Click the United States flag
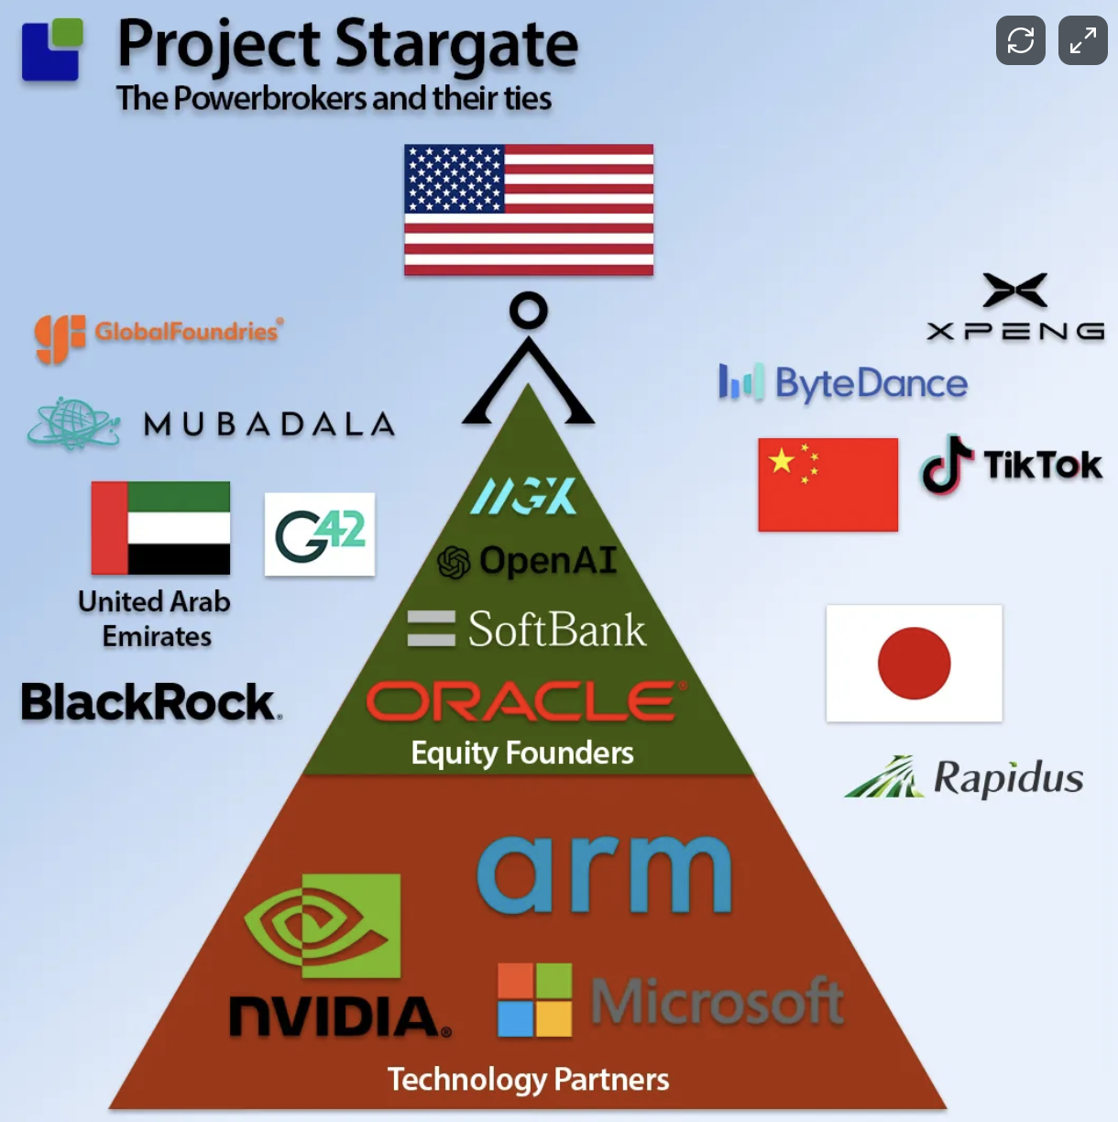[529, 209]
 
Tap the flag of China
[828, 484]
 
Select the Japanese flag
[914, 663]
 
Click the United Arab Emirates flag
[160, 527]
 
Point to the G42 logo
[320, 534]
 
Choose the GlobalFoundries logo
[159, 335]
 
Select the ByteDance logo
[843, 383]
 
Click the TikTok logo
[1012, 465]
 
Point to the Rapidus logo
[964, 778]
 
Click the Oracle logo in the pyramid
[525, 701]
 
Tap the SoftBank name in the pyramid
[555, 630]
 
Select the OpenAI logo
[527, 561]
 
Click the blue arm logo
[604, 874]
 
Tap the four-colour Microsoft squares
[534, 1000]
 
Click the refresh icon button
[1020, 40]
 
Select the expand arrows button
[1082, 40]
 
